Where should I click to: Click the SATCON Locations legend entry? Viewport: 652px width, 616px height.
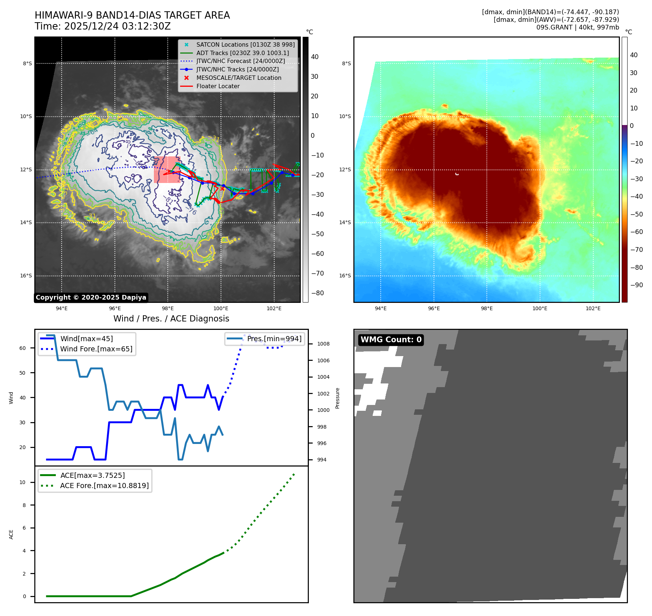click(245, 45)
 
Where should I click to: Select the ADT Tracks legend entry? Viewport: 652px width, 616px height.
click(242, 53)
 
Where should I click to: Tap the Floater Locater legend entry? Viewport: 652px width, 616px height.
click(218, 86)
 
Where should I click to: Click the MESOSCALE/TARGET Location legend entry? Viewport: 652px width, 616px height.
click(238, 78)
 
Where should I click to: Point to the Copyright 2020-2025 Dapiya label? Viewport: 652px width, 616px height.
click(91, 297)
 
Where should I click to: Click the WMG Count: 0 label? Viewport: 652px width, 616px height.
click(391, 340)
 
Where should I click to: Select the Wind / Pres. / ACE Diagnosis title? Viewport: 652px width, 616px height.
click(171, 319)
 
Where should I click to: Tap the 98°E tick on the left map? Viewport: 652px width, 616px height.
click(168, 309)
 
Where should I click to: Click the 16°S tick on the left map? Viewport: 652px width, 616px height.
click(26, 276)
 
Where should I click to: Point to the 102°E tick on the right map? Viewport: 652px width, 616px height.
click(593, 309)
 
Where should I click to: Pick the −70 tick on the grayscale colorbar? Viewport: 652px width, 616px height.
click(317, 273)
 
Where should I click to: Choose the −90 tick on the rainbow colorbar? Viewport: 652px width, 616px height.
click(636, 285)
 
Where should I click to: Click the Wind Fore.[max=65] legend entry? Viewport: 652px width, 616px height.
click(96, 349)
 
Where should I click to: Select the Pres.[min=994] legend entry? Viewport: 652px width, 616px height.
click(274, 339)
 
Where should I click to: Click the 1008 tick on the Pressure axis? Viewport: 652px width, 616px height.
click(323, 344)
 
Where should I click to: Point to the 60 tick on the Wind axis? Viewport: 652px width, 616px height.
click(23, 348)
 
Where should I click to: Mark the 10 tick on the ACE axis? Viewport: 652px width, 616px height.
click(23, 483)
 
